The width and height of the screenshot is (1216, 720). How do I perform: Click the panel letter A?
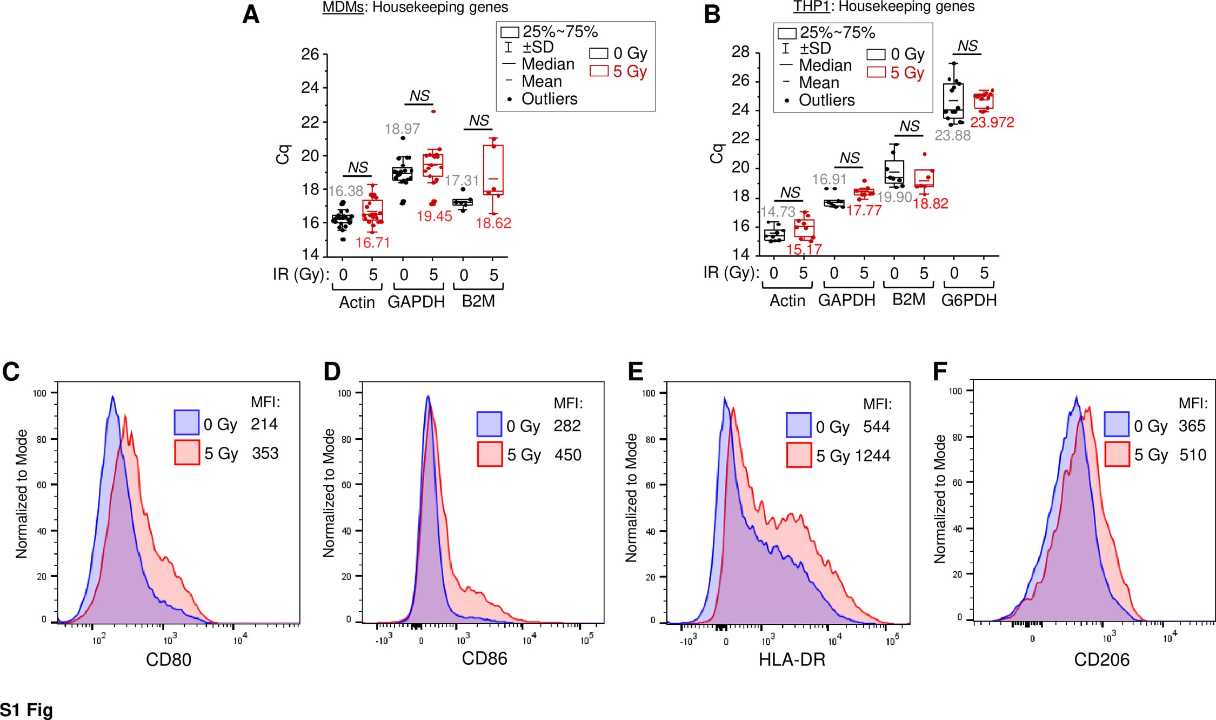(251, 15)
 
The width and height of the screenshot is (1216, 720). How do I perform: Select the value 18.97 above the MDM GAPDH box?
(402, 129)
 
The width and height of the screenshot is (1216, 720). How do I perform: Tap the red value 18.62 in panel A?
(493, 223)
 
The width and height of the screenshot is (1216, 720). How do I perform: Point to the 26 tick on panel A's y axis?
(310, 54)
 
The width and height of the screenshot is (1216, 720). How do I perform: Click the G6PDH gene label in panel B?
(969, 300)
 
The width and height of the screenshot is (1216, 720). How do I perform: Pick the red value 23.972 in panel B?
(992, 122)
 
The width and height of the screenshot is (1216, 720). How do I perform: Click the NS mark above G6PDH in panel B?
(967, 46)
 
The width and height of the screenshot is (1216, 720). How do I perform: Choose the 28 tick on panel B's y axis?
(740, 52)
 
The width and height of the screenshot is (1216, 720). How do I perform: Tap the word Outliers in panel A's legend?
(549, 99)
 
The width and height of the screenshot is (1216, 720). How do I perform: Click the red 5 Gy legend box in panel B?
(876, 72)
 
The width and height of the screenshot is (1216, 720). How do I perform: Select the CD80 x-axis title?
(169, 659)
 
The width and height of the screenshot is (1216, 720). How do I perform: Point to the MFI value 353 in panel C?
(265, 453)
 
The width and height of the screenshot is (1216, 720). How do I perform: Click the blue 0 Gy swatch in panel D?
(489, 425)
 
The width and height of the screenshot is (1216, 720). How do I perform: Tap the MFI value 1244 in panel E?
(872, 456)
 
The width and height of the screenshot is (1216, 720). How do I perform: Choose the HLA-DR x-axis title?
(792, 659)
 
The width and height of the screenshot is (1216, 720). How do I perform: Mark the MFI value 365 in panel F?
(1192, 426)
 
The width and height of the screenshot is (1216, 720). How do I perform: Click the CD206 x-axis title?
(1101, 659)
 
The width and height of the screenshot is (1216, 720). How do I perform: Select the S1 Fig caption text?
(26, 710)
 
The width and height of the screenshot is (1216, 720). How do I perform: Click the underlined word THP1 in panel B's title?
(811, 6)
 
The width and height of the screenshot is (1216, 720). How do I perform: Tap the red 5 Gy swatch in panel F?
(1117, 454)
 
